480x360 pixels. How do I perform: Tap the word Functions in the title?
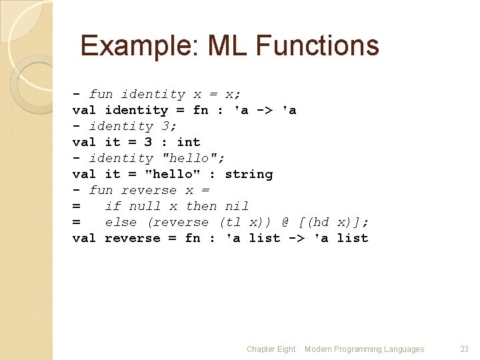tap(317, 46)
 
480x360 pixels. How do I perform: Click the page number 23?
tap(465, 349)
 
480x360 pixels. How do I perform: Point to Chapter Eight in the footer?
tap(271, 349)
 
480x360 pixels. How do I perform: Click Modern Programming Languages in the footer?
tap(364, 349)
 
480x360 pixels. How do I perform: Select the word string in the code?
tap(249, 174)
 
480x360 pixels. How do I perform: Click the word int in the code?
tap(189, 142)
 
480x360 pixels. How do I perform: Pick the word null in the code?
tap(145, 206)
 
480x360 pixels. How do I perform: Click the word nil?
tap(237, 206)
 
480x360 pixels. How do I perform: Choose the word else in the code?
tap(121, 222)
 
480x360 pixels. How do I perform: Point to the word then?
tap(201, 206)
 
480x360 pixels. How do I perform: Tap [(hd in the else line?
tap(321, 222)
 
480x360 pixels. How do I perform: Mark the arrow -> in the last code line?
tap(297, 238)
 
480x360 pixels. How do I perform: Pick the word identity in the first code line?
tap(153, 94)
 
